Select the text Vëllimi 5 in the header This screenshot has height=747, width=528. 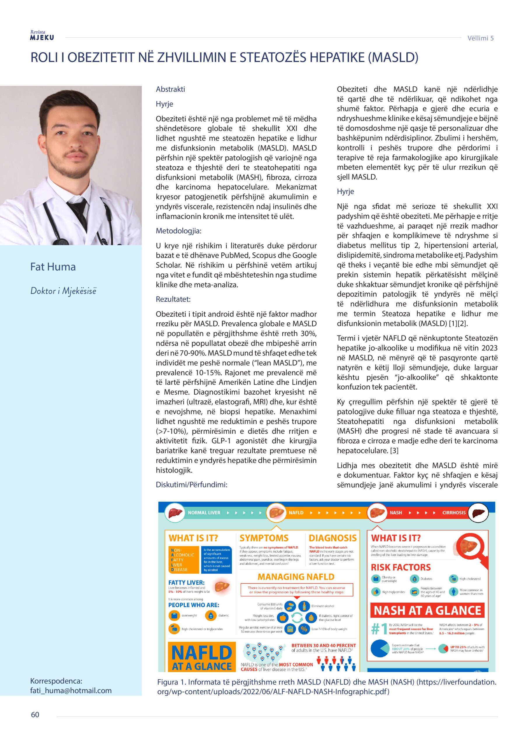pyautogui.click(x=480, y=38)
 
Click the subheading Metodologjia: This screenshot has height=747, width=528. pyautogui.click(x=179, y=231)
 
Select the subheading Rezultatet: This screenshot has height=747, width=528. pyautogui.click(x=173, y=299)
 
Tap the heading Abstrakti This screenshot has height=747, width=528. pyautogui.click(x=170, y=89)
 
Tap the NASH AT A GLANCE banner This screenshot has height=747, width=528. pyautogui.click(x=427, y=611)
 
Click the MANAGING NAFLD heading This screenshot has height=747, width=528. pyautogui.click(x=296, y=577)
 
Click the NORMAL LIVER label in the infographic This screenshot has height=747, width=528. pyautogui.click(x=204, y=513)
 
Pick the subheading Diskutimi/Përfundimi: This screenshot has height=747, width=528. pyautogui.click(x=191, y=484)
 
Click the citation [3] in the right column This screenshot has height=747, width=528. pyautogui.click(x=393, y=451)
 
